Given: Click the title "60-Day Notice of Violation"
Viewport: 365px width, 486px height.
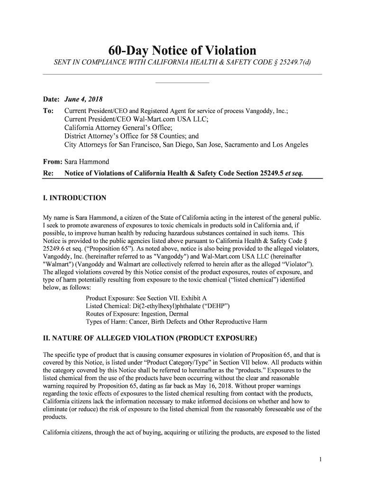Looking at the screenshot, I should [182, 51].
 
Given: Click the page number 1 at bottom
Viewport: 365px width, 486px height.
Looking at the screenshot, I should [320, 459].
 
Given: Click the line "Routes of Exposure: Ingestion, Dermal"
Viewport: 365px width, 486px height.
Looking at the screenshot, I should [137, 314].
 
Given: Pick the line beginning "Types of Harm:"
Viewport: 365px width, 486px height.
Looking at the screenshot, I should [176, 322].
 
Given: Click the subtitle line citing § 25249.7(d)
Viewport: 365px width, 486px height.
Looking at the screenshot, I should [182, 64].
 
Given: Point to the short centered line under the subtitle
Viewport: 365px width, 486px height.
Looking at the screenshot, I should [182, 84].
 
